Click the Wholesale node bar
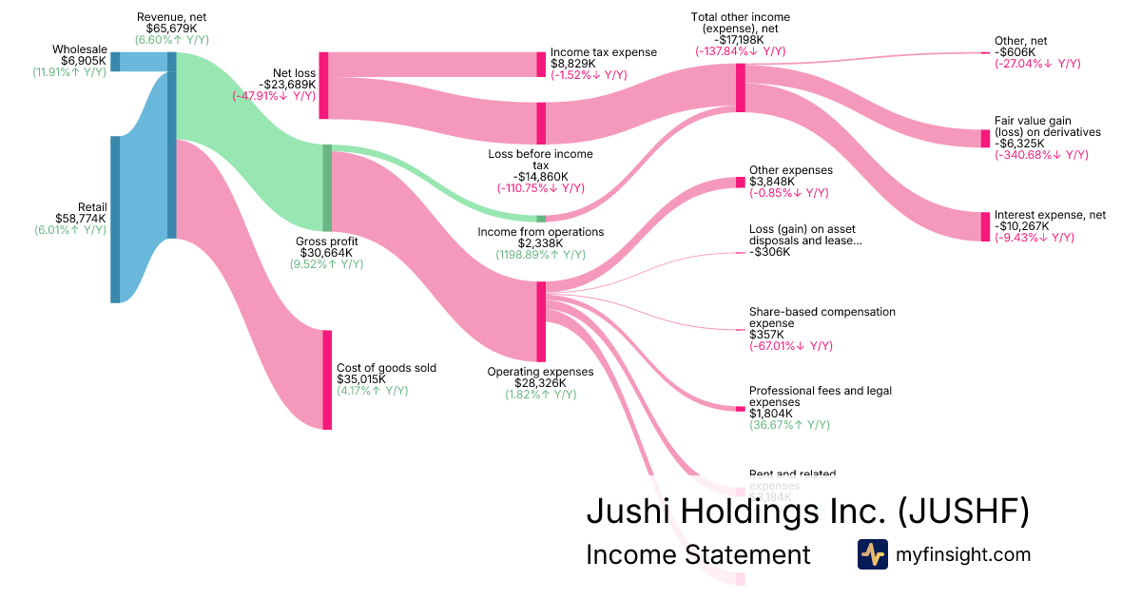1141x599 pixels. [x=115, y=62]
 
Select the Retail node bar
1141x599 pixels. [x=115, y=220]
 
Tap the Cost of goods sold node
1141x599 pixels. [x=327, y=379]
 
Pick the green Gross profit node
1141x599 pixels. [x=327, y=188]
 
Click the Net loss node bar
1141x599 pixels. [x=323, y=86]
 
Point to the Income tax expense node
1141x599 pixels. [x=541, y=65]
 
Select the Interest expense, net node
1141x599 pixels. [x=985, y=226]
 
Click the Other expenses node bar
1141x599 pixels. [x=740, y=183]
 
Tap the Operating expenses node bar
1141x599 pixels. [x=541, y=322]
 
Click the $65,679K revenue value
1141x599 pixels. [x=171, y=29]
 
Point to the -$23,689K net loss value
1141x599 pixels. [x=287, y=84]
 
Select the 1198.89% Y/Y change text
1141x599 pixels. [x=540, y=255]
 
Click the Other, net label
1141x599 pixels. [x=1020, y=41]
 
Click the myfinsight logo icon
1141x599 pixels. [x=872, y=554]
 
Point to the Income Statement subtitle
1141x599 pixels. [x=698, y=554]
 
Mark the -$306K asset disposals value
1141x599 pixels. [x=769, y=252]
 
